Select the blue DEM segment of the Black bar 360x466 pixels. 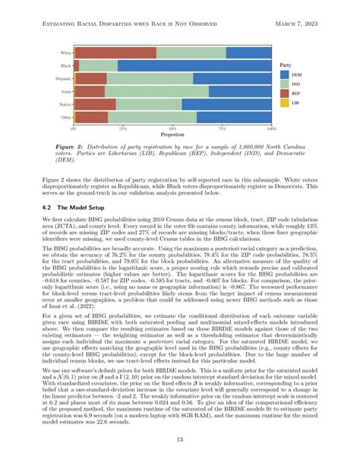[x=194, y=66]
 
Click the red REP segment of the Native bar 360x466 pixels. [x=96, y=103]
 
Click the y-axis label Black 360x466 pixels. [x=66, y=66]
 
